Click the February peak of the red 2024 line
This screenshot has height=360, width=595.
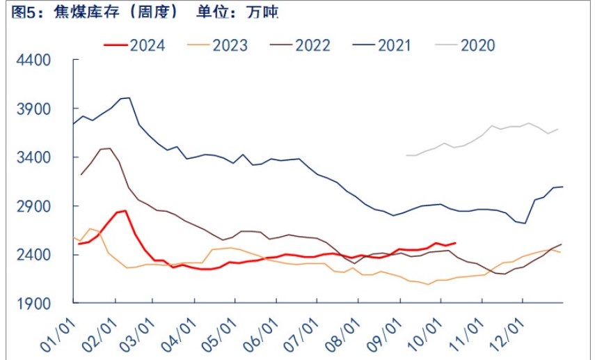[x=125, y=210]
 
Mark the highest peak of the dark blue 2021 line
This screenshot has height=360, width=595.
[x=128, y=98]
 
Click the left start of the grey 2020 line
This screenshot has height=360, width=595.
[x=406, y=155]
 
